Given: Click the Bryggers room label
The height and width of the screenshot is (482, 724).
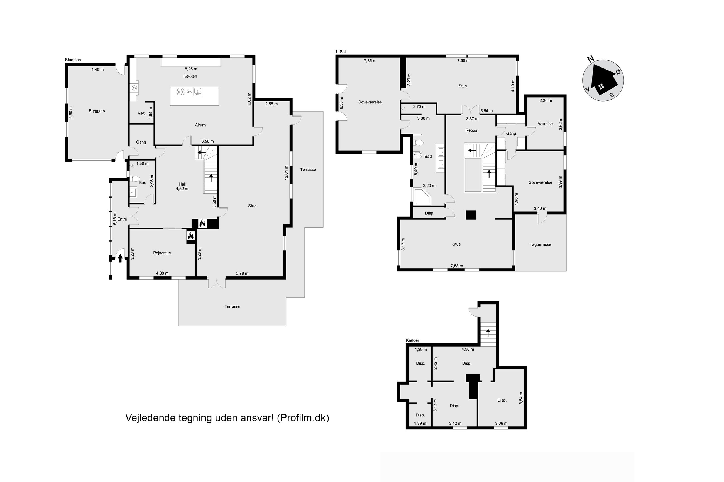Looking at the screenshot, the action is coord(97,111).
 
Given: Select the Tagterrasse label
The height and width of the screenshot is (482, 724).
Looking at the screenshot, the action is coord(540,245).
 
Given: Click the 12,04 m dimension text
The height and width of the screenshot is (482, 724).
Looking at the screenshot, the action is coord(286,173).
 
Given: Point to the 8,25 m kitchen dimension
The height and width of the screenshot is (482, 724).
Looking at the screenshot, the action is coord(191,69).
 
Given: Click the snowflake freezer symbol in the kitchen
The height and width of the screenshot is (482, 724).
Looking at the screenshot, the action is coord(134,88).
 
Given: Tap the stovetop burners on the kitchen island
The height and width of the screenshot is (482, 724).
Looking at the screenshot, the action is coord(180,92).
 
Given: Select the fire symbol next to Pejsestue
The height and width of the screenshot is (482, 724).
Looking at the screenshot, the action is coord(190,236).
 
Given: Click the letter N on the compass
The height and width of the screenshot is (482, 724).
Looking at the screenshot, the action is coord(590,59).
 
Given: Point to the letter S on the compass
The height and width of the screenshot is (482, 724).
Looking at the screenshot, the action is coord(612,95).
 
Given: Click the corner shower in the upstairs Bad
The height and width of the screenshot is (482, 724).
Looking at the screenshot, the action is coord(422,197).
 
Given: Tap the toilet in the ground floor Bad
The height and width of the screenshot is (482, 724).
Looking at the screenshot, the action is coord(135,179).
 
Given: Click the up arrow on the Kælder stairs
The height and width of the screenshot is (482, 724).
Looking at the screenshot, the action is coord(488,333).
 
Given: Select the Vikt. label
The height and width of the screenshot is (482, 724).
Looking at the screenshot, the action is coord(141,113).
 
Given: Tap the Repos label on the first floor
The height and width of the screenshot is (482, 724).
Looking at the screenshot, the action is coord(471,130).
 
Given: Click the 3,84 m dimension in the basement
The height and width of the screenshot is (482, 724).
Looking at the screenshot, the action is coord(521,398).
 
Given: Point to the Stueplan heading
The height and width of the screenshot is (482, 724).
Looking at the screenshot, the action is coord(73,60).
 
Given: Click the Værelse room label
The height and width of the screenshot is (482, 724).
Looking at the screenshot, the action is coord(545,123).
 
